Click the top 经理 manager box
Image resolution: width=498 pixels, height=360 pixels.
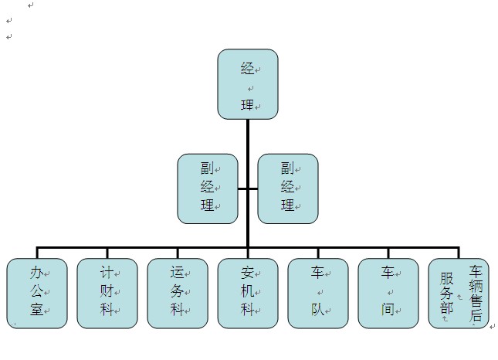pyautogui.click(x=247, y=84)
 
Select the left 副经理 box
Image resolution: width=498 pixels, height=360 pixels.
pyautogui.click(x=208, y=188)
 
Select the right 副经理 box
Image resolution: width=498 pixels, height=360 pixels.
pyautogui.click(x=287, y=188)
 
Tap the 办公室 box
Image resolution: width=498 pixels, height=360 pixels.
pyautogui.click(x=36, y=293)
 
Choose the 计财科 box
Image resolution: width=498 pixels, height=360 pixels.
pyautogui.click(x=107, y=293)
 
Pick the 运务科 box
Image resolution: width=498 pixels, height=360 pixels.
pyautogui.click(x=177, y=293)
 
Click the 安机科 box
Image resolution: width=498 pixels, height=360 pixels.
pyautogui.click(x=247, y=293)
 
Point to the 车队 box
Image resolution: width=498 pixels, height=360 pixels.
pyautogui.click(x=317, y=293)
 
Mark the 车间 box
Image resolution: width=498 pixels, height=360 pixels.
pyautogui.click(x=388, y=293)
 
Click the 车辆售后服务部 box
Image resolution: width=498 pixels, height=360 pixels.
pyautogui.click(x=459, y=293)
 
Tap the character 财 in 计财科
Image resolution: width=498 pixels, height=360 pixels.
pyautogui.click(x=106, y=292)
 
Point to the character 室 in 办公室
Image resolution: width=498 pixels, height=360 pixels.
pyautogui.click(x=36, y=311)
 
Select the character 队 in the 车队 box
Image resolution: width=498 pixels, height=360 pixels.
pyautogui.click(x=317, y=311)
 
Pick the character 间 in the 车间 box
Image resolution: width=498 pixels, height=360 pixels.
pyautogui.click(x=387, y=311)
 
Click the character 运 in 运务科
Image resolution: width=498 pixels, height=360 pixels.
pyautogui.click(x=176, y=273)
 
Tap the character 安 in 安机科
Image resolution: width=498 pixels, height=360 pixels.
pyautogui.click(x=246, y=273)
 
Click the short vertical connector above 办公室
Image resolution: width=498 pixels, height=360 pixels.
pyautogui.click(x=36, y=253)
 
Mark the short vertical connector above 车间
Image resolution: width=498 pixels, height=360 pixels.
pyautogui.click(x=388, y=253)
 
